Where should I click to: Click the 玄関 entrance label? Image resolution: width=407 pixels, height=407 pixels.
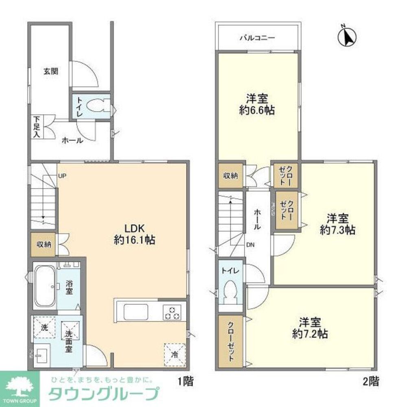pyautogui.click(x=51, y=71)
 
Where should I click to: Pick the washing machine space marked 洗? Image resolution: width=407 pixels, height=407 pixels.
pyautogui.click(x=44, y=326)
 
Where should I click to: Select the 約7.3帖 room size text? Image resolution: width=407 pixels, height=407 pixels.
pyautogui.click(x=338, y=230)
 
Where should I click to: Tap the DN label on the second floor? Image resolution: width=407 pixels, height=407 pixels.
pyautogui.click(x=250, y=245)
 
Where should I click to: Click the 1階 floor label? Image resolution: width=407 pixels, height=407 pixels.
pyautogui.click(x=185, y=382)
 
